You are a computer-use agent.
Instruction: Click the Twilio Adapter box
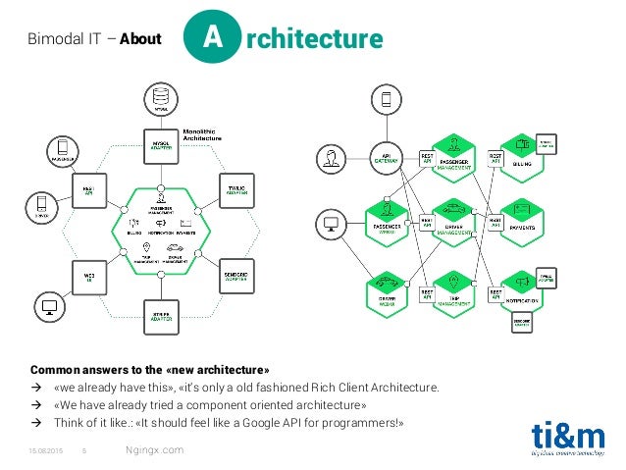point(236,187)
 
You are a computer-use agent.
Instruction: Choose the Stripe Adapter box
point(159,315)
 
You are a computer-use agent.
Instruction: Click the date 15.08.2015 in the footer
point(46,450)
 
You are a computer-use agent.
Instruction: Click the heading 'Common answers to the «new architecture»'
point(150,370)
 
